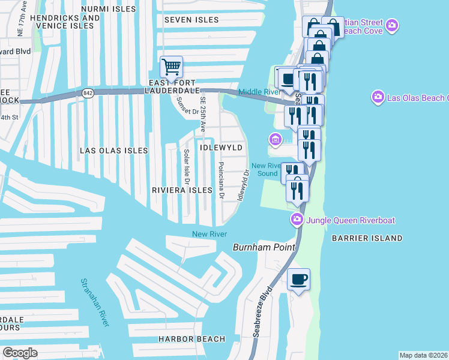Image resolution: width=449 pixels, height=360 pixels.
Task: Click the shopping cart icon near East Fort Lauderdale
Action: pyautogui.click(x=172, y=67)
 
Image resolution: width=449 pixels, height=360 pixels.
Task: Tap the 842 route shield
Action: pyautogui.click(x=89, y=93)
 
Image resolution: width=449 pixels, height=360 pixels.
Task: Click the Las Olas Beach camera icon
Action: pyautogui.click(x=378, y=97)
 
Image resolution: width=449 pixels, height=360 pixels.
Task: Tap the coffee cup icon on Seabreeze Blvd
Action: pyautogui.click(x=298, y=280)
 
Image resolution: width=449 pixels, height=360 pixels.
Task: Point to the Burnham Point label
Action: pyautogui.click(x=264, y=247)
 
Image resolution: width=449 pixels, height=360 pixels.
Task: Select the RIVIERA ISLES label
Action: pyautogui.click(x=182, y=190)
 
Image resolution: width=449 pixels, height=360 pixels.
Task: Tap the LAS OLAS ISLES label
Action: pyautogui.click(x=114, y=151)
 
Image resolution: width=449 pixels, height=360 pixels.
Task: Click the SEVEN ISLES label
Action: pyautogui.click(x=191, y=20)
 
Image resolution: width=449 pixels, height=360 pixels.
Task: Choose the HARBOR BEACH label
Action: pyautogui.click(x=191, y=339)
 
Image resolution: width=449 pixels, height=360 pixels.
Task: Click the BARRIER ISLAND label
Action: pyautogui.click(x=367, y=238)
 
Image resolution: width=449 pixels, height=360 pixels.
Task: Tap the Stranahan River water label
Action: pyautogui.click(x=95, y=302)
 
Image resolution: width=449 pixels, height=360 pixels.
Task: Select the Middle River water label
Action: pyautogui.click(x=259, y=92)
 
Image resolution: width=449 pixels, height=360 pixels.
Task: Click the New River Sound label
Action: pyautogui.click(x=267, y=170)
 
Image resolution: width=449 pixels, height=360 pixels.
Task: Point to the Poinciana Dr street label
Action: pyautogui.click(x=221, y=180)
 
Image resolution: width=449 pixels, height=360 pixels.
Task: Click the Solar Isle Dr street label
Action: pyautogui.click(x=186, y=167)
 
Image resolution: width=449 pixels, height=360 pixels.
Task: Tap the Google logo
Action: pyautogui.click(x=20, y=353)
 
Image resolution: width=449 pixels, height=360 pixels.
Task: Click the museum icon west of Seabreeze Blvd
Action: pyautogui.click(x=276, y=140)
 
